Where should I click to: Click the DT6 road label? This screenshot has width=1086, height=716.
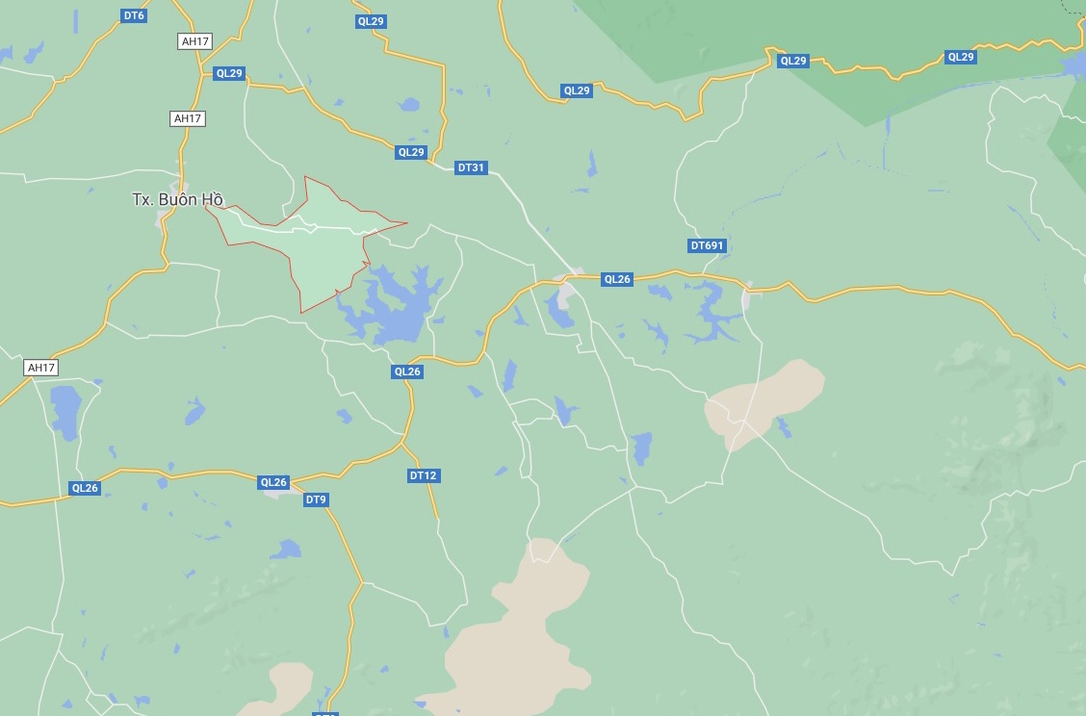134,15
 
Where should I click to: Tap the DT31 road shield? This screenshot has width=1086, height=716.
472,167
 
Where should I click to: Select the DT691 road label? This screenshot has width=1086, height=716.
707,245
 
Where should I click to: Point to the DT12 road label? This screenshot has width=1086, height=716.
424,475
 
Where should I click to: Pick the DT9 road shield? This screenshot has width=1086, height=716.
316,499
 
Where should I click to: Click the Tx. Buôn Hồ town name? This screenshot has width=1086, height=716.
178,200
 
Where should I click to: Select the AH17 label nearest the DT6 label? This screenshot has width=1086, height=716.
195,41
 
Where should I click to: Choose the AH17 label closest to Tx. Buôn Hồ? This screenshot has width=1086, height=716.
188,118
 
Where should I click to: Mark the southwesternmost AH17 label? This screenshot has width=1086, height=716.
41,368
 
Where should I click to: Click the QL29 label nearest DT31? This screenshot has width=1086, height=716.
410,152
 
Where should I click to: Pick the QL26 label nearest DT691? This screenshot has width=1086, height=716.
616,279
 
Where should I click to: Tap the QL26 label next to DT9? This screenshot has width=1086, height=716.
273,482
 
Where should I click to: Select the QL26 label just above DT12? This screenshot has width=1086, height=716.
407,371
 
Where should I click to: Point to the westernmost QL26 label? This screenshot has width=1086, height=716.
85,488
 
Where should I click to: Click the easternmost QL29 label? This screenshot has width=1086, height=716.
961,57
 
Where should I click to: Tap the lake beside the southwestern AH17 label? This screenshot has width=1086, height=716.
65,409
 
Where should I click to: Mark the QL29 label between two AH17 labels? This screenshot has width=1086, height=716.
229,73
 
